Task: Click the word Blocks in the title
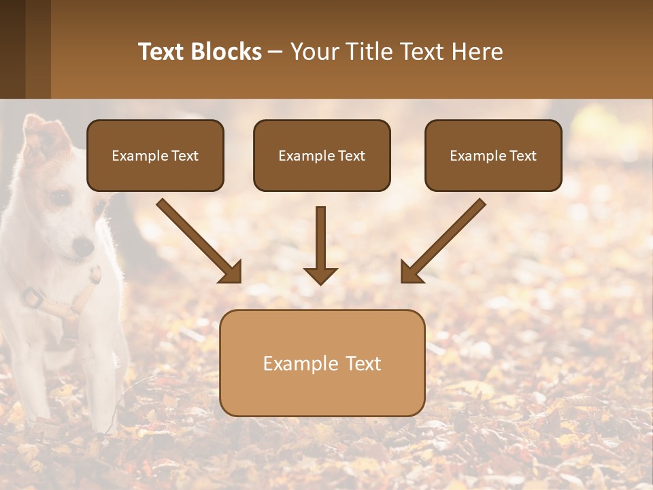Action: [227, 52]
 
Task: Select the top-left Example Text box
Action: [155, 155]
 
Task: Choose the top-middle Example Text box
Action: [322, 155]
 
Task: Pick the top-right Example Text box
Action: [493, 155]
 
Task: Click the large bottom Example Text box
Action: [322, 363]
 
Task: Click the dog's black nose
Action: [83, 246]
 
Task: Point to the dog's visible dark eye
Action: [61, 198]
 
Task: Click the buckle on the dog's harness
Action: [32, 297]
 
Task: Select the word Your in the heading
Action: [313, 52]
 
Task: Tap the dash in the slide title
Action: [275, 52]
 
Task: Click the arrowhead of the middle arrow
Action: [320, 276]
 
